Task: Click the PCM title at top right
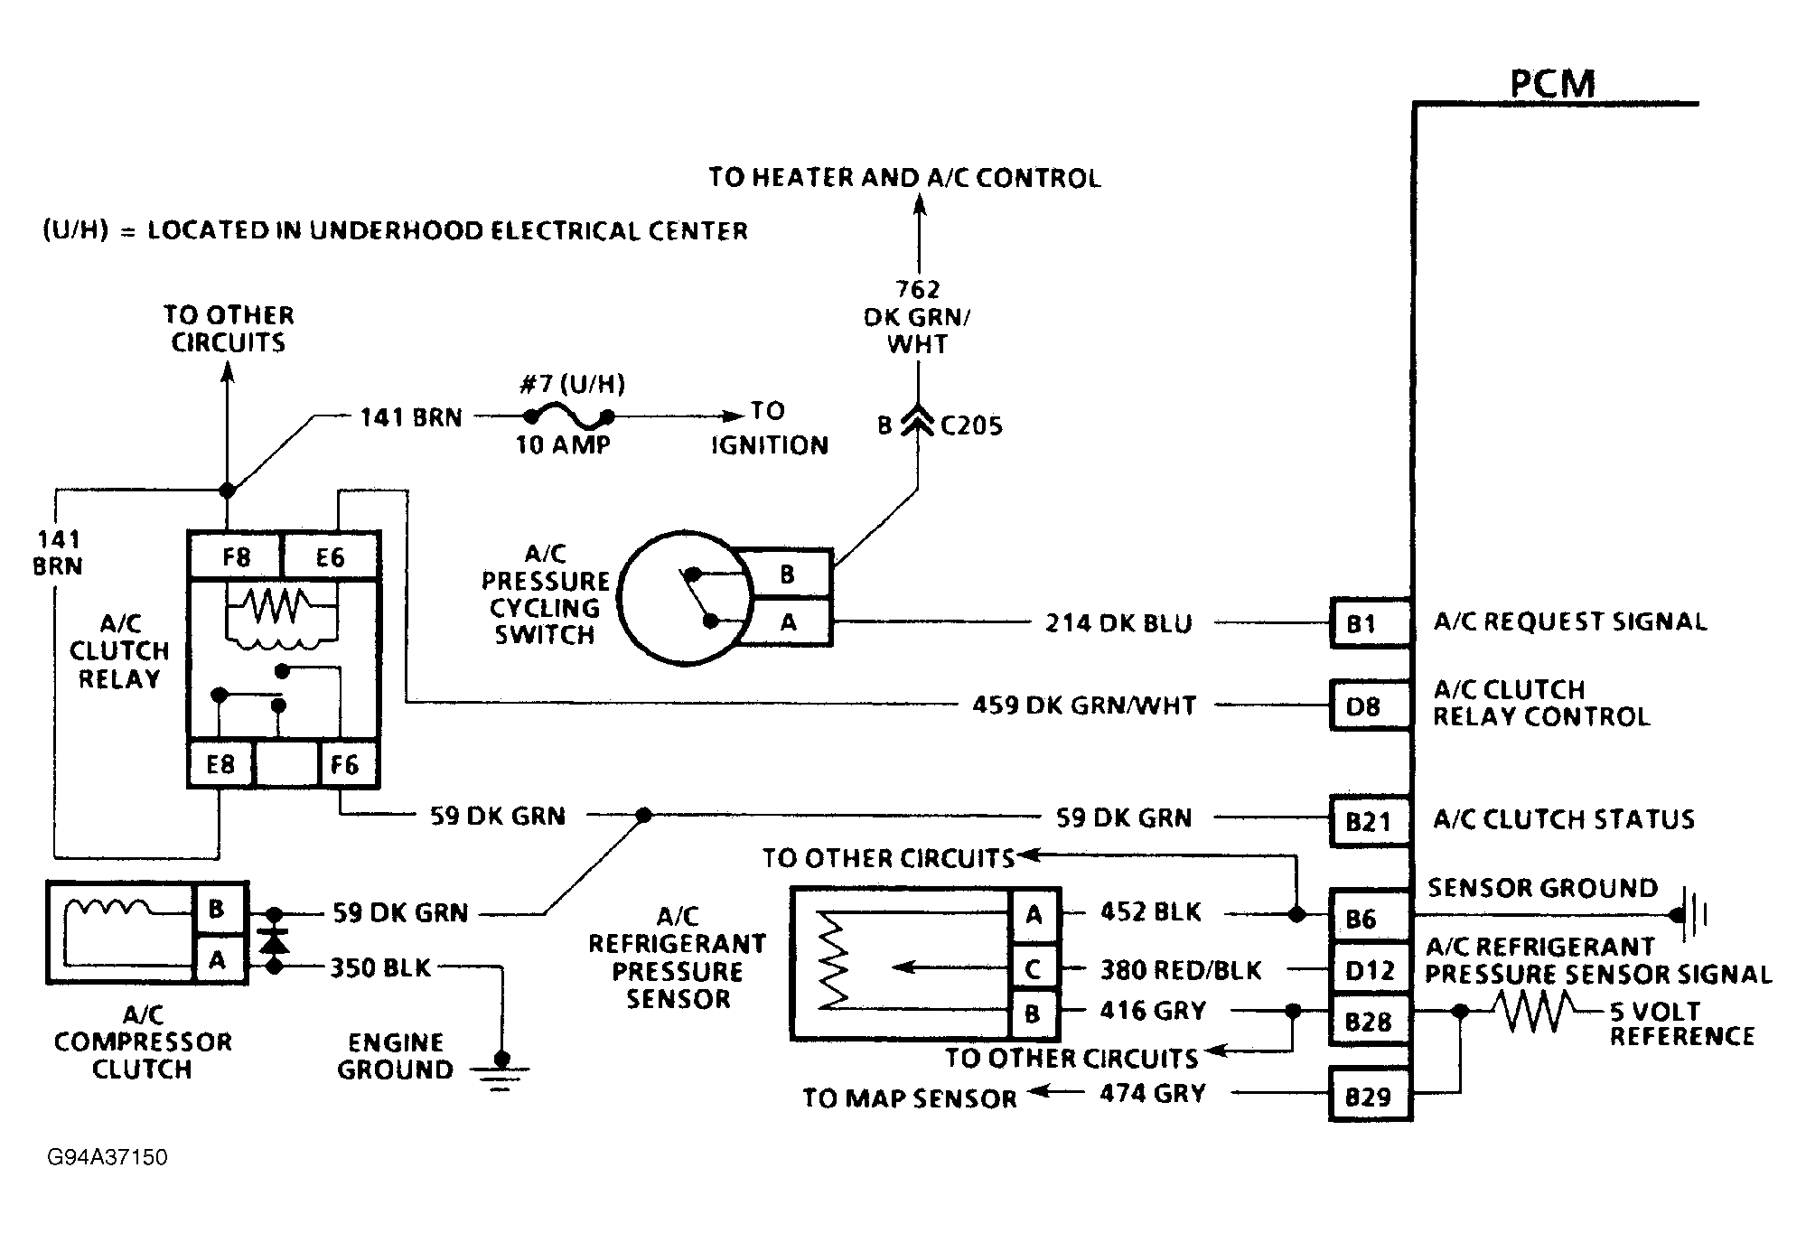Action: coord(1552,84)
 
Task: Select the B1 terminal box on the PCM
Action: coord(1368,623)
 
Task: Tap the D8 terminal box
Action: coord(1368,705)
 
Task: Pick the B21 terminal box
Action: coord(1368,821)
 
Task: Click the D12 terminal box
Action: coord(1368,970)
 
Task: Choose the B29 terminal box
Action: coord(1368,1096)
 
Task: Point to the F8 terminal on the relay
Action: coord(236,556)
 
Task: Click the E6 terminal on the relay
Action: coord(330,556)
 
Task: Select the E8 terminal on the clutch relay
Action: coord(220,765)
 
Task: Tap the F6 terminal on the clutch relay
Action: coord(345,765)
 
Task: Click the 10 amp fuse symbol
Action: coord(569,417)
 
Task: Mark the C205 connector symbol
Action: coord(918,423)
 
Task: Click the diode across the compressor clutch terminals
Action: coord(274,940)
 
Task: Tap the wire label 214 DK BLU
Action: coord(1118,623)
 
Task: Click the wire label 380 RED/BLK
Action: coord(1180,970)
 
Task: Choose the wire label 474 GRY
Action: coord(1152,1094)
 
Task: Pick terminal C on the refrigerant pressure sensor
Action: coord(1033,969)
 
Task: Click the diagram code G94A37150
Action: coord(108,1157)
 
